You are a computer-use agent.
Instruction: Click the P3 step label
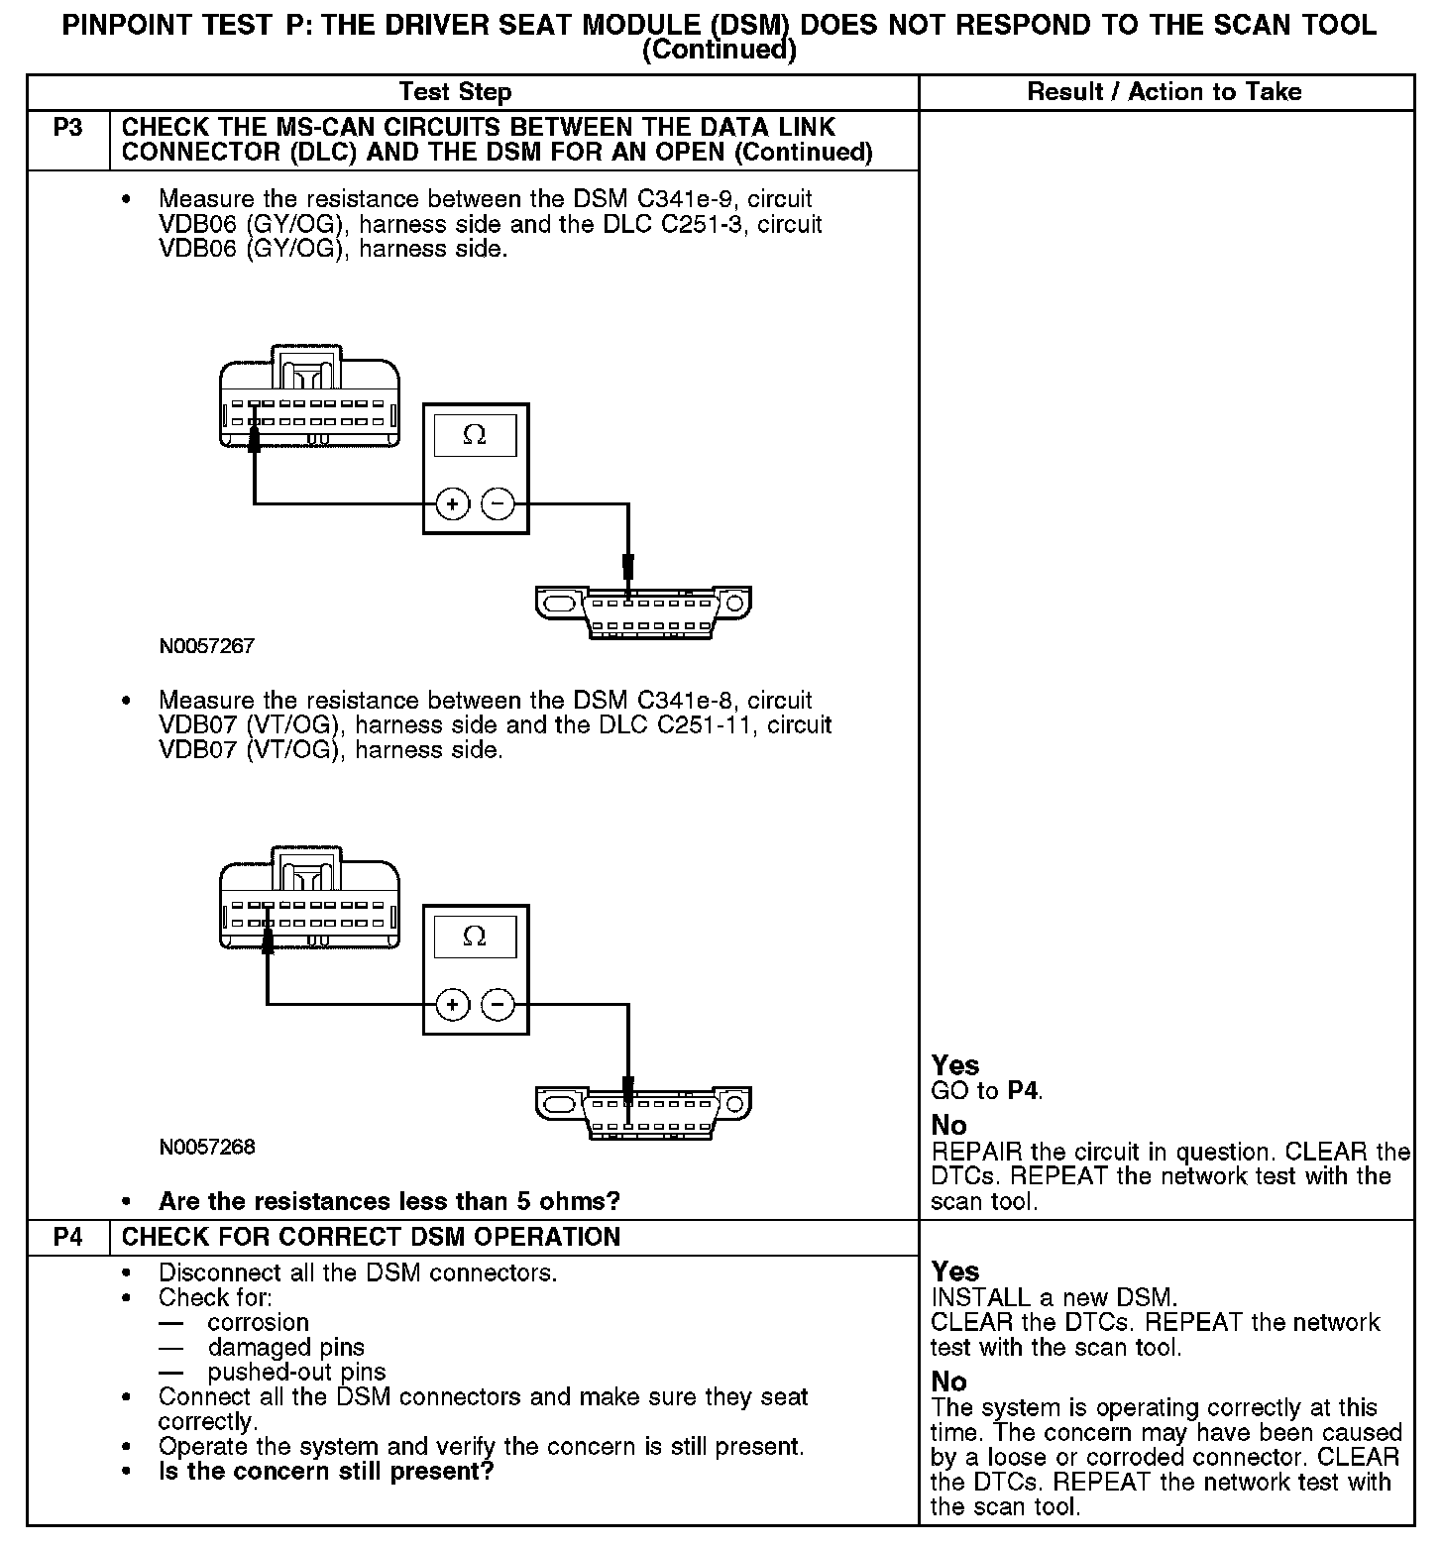[67, 128]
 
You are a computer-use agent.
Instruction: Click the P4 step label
[67, 1237]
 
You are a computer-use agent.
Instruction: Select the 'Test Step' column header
[455, 92]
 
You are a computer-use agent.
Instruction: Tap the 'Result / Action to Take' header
[1165, 92]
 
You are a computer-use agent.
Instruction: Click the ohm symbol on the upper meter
[475, 435]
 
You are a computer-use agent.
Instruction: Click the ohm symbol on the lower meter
[475, 937]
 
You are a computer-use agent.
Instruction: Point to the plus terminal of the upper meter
[453, 504]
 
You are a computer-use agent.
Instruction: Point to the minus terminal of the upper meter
[498, 504]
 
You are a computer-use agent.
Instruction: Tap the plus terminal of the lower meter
[453, 1006]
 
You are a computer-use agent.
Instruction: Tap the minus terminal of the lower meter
[498, 1006]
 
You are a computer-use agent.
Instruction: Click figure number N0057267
[207, 646]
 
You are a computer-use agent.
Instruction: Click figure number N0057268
[207, 1148]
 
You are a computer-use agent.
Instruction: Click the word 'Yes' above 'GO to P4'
[955, 1065]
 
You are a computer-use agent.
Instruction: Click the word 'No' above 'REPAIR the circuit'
[948, 1125]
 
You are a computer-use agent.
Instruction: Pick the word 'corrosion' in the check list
[259, 1322]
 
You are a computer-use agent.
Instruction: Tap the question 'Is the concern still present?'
[326, 1472]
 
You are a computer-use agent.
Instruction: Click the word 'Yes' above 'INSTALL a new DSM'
[955, 1272]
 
